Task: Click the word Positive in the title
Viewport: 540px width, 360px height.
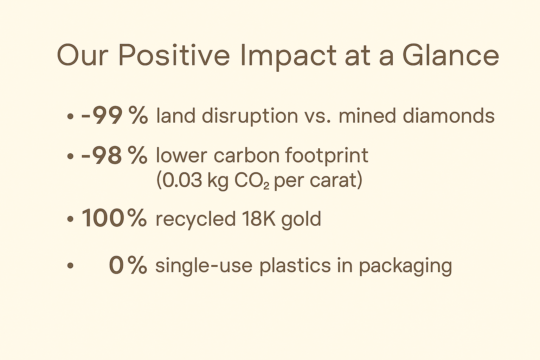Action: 174,55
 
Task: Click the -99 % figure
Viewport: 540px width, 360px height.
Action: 114,115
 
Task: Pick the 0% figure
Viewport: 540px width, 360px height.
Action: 128,265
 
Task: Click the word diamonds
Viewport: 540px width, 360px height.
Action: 449,116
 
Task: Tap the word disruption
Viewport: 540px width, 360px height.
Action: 250,117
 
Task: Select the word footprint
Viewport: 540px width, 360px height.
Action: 327,156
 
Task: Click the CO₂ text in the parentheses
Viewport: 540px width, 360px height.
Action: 252,181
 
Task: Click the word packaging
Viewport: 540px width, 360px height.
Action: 406,266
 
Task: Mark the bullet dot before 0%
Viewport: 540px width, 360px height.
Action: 70,265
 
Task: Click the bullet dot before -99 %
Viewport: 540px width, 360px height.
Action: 70,116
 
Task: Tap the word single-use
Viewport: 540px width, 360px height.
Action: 204,266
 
